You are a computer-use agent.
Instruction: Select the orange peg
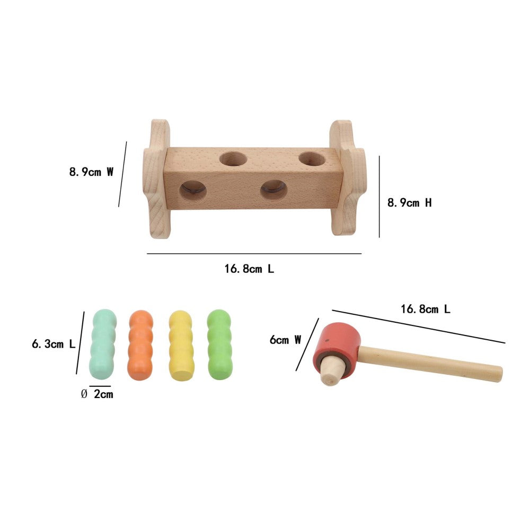click(x=140, y=345)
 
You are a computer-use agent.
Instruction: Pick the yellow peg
click(x=181, y=346)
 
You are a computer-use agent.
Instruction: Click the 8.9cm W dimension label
click(x=91, y=172)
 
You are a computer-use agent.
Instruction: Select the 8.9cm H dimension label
click(x=409, y=203)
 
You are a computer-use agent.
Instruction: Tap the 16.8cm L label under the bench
click(x=249, y=269)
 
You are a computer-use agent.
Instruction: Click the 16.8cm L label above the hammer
click(x=426, y=309)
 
